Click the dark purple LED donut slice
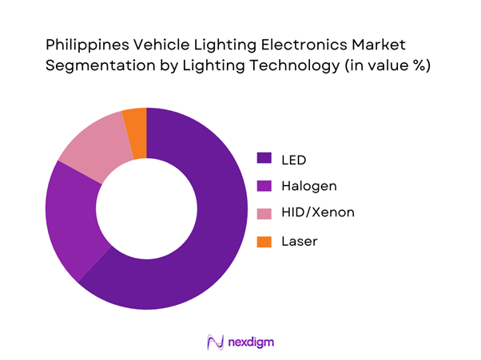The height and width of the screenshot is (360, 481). coord(216,239)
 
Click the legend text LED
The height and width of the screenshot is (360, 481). coord(295,159)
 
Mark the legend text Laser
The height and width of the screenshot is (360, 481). coord(300,240)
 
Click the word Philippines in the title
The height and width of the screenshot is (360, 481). coord(89,43)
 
